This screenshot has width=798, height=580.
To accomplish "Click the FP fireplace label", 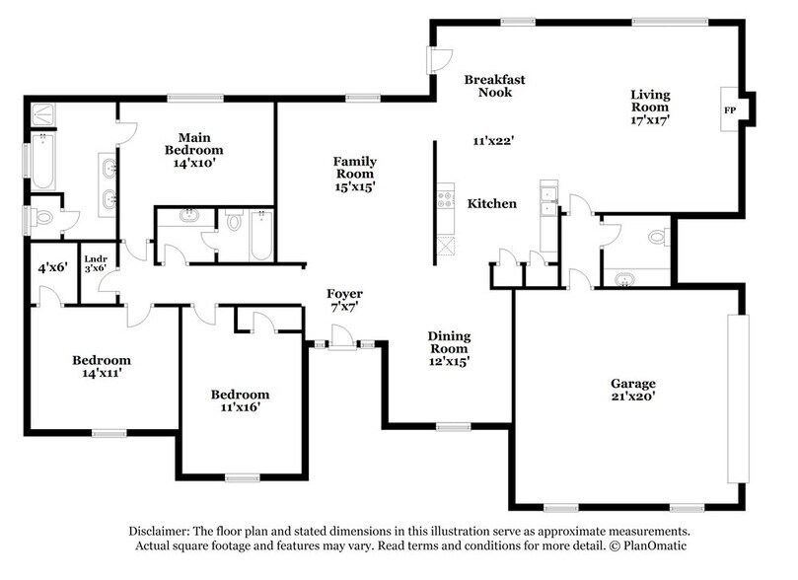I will (730, 109).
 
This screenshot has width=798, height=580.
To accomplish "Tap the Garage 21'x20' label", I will (632, 391).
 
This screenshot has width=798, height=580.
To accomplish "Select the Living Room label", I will (651, 103).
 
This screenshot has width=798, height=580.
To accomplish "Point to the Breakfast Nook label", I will (487, 85).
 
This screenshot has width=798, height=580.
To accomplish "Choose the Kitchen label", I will (491, 203).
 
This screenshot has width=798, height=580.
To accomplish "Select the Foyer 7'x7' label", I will (345, 302).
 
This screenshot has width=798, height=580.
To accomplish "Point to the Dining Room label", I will (448, 349).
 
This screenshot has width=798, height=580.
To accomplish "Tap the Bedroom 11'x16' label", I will (241, 401).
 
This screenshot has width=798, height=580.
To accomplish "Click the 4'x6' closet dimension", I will (50, 266).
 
